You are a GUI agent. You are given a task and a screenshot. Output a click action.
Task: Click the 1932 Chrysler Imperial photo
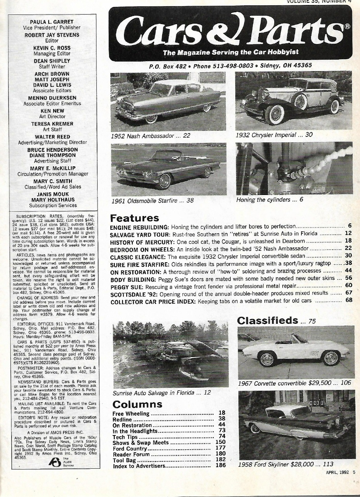tap(293, 101)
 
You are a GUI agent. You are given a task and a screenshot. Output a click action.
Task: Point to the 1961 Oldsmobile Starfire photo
tap(168, 169)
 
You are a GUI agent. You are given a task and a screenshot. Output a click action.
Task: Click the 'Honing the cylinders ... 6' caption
tap(269, 199)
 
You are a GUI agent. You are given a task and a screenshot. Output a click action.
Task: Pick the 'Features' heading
tap(134, 218)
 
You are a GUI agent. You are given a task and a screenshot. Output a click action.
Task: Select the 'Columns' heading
tap(137, 404)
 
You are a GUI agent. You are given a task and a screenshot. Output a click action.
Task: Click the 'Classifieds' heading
tap(267, 320)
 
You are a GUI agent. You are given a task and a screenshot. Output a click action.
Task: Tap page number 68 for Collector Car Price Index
tap(348, 300)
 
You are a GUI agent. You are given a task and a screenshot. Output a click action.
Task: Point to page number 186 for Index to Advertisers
tap(221, 466)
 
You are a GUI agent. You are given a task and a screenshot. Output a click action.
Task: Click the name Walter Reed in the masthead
tap(52, 136)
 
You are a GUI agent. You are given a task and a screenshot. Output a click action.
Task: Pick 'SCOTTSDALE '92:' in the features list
tap(134, 293)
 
